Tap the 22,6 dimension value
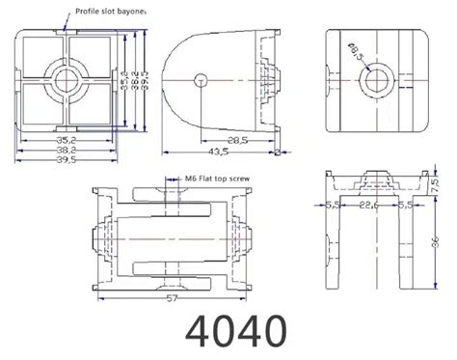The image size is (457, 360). coord(369,206)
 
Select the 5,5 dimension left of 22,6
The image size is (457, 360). coord(331,206)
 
